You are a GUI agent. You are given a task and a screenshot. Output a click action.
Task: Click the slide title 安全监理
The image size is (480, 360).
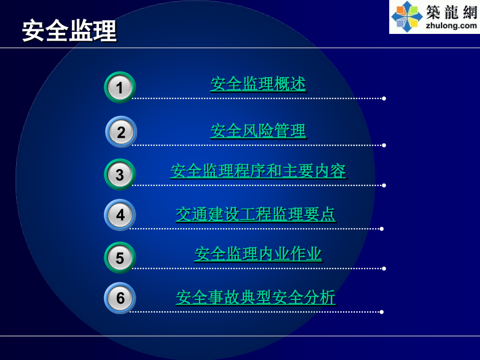pyautogui.click(x=69, y=31)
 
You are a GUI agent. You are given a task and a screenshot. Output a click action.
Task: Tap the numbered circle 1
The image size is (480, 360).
pyautogui.click(x=120, y=87)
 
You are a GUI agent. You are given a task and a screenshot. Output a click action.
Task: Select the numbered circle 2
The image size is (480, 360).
pyautogui.click(x=121, y=132)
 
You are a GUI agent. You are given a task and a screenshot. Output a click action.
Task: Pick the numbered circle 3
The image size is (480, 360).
pyautogui.click(x=120, y=174)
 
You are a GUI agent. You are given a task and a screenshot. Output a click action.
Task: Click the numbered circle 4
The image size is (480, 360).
pyautogui.click(x=121, y=214)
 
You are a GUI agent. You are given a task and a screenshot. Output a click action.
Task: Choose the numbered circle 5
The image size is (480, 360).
pyautogui.click(x=120, y=258)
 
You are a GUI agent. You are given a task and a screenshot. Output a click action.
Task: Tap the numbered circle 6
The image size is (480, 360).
pyautogui.click(x=121, y=298)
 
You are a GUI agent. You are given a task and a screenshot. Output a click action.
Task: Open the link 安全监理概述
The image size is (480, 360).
pyautogui.click(x=258, y=84)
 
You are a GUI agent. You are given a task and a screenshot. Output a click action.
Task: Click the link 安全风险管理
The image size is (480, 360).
pyautogui.click(x=258, y=130)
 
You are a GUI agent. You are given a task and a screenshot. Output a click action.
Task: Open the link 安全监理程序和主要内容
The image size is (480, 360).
pyautogui.click(x=258, y=171)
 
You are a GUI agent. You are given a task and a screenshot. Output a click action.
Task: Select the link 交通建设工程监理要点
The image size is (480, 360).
pyautogui.click(x=256, y=214)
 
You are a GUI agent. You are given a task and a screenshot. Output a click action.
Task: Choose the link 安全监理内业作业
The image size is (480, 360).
pyautogui.click(x=258, y=254)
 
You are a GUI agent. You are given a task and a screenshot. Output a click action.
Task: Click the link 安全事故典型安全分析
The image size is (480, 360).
pyautogui.click(x=256, y=297)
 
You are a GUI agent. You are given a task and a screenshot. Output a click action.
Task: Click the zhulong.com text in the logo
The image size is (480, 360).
pyautogui.click(x=451, y=25)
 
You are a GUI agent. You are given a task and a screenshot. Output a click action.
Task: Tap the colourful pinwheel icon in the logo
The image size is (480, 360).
pyautogui.click(x=407, y=16)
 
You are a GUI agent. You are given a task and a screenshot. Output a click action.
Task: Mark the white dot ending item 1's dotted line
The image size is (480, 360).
pyautogui.click(x=384, y=98)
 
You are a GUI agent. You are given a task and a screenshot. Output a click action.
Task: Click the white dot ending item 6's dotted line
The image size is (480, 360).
pyautogui.click(x=382, y=312)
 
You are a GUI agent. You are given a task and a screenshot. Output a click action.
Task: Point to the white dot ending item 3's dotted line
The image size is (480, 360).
pyautogui.click(x=384, y=185)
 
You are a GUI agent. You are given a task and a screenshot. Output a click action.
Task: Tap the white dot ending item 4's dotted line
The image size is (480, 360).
pyautogui.click(x=382, y=229)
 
